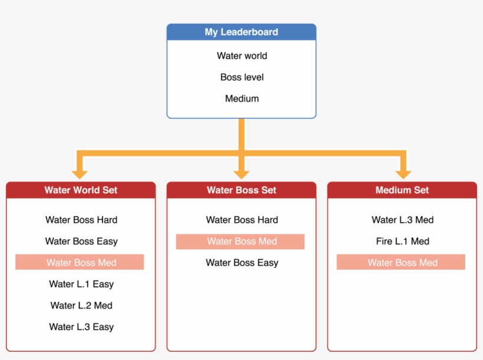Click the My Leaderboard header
tap(241, 32)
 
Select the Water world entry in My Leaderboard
tap(241, 56)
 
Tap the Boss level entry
tap(241, 77)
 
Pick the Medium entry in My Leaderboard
tap(241, 98)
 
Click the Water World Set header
tap(81, 190)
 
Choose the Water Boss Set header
tap(241, 190)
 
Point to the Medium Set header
tap(402, 190)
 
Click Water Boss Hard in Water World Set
tap(81, 220)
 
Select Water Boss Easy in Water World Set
tap(81, 241)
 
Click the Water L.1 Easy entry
tap(81, 284)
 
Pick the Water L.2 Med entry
tap(81, 305)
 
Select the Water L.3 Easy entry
tap(81, 326)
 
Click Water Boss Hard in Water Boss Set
tap(241, 220)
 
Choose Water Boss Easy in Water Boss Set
tap(241, 262)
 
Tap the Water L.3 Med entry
tap(402, 220)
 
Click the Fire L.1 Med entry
tap(402, 241)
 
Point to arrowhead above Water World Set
tap(80, 174)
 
